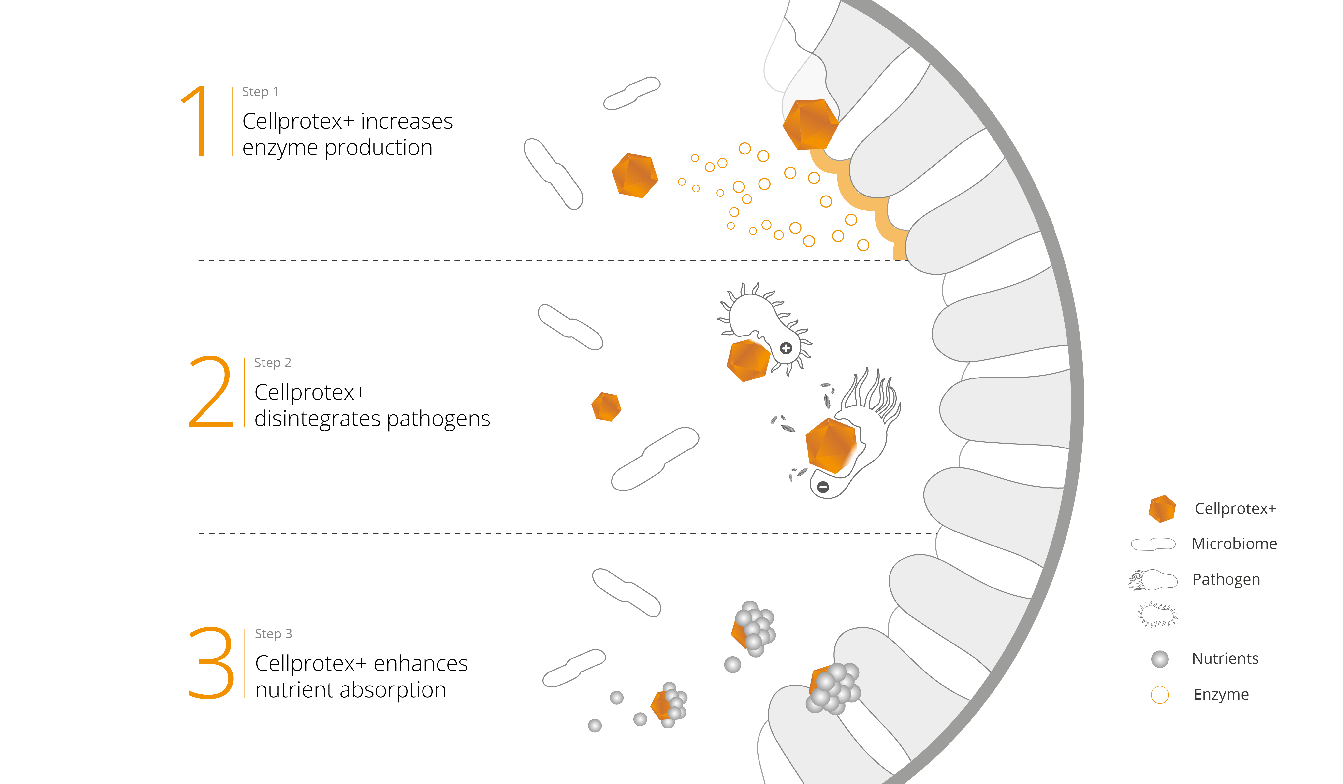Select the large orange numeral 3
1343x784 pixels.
click(x=211, y=663)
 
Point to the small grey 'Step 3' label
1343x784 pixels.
click(x=273, y=634)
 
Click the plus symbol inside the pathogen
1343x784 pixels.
click(x=786, y=348)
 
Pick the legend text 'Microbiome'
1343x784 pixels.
click(x=1234, y=544)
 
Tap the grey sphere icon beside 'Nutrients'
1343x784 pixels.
click(x=1160, y=659)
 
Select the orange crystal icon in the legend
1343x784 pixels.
click(x=1162, y=509)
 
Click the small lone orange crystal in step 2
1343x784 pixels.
click(x=606, y=407)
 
